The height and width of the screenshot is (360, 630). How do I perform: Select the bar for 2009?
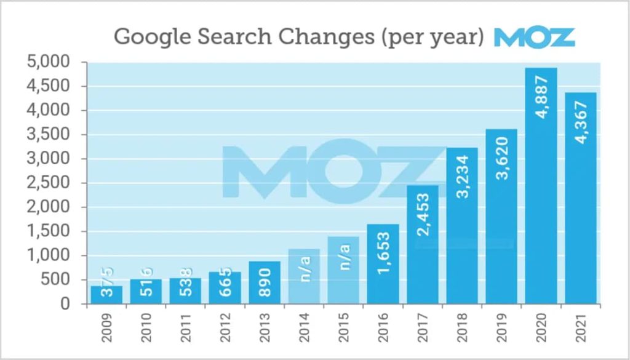pyautogui.click(x=106, y=295)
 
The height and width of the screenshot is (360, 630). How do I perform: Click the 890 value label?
pyautogui.click(x=265, y=284)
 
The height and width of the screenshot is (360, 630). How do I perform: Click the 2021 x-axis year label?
pyautogui.click(x=581, y=329)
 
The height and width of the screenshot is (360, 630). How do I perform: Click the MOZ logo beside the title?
pyautogui.click(x=534, y=37)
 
